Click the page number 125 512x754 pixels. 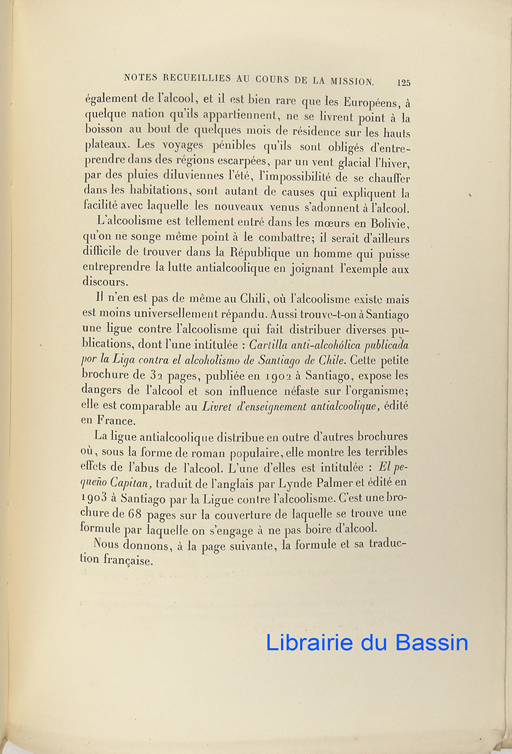pos(403,82)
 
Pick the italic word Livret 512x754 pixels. pos(217,407)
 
